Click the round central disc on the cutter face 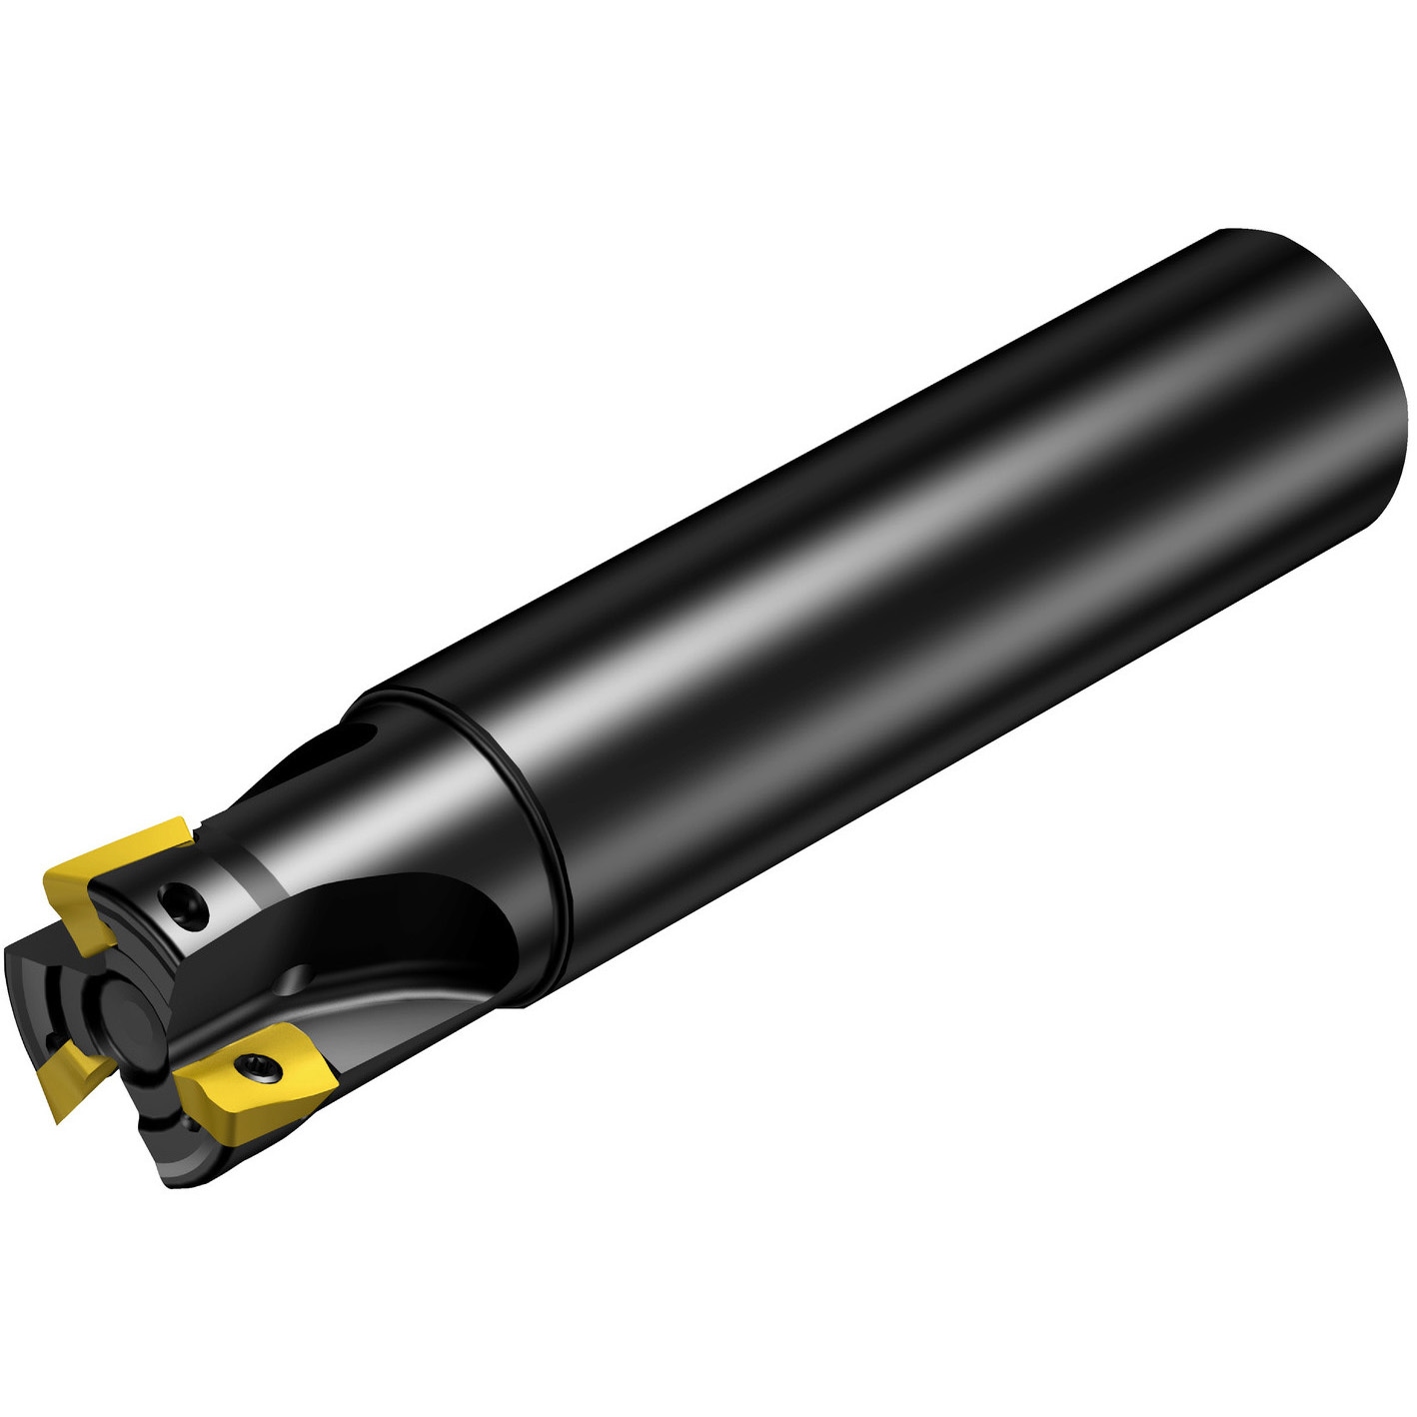[x=130, y=1003]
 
